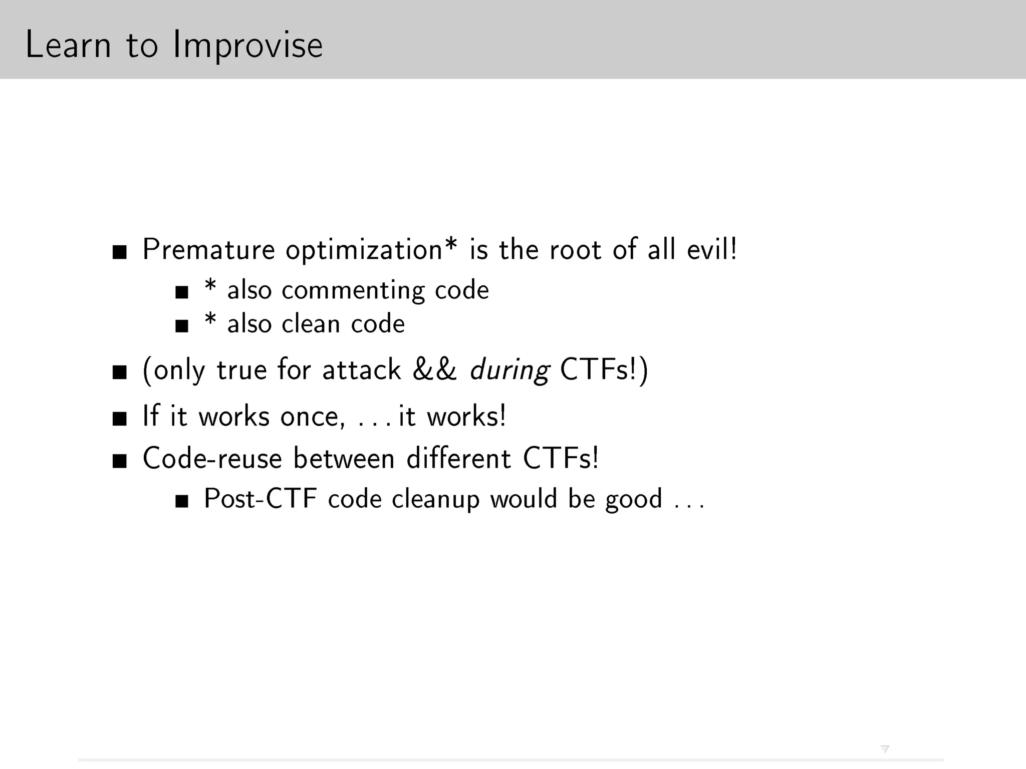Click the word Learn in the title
pos(68,45)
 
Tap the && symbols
pos(435,370)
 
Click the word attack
pos(362,370)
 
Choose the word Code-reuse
pos(212,458)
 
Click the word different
pos(458,458)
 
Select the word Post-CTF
pos(261,499)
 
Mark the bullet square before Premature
pos(119,252)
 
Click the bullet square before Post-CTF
pos(182,502)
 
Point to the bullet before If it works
pos(119,419)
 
